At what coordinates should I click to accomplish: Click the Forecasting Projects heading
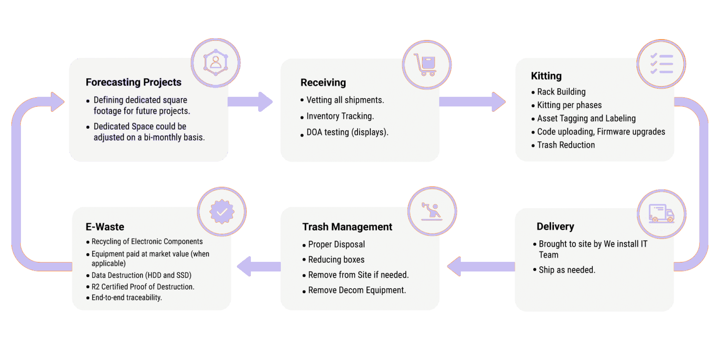(133, 82)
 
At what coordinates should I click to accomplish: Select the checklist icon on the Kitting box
(661, 64)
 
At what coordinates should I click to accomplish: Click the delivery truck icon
(661, 214)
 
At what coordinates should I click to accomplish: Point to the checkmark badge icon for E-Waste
(222, 212)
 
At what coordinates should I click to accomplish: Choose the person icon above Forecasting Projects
(216, 63)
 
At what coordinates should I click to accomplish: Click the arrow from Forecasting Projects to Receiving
(250, 101)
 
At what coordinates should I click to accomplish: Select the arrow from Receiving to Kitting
(472, 101)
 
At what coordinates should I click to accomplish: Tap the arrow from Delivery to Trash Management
(481, 266)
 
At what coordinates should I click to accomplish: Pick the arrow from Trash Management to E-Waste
(259, 266)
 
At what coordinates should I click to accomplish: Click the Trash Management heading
(347, 227)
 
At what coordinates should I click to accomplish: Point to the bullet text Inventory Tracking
(340, 116)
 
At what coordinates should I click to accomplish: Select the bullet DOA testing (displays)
(347, 132)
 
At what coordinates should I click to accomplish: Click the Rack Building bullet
(561, 92)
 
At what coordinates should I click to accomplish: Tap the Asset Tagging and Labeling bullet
(586, 118)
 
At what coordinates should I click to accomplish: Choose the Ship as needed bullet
(567, 270)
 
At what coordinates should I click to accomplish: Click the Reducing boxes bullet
(336, 260)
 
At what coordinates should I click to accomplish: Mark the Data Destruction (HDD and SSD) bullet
(141, 275)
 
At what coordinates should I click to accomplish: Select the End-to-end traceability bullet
(126, 297)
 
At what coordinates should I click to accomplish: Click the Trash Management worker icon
(432, 211)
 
